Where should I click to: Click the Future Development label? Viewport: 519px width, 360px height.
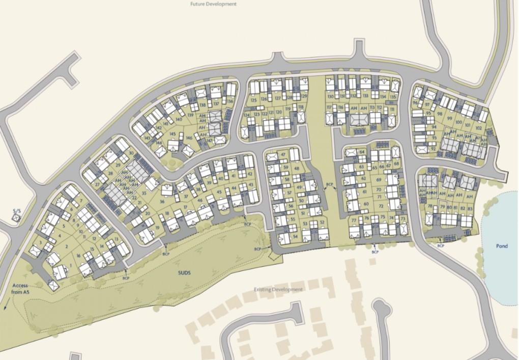coord(213,4)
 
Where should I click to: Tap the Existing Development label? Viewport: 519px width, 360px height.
coord(278,289)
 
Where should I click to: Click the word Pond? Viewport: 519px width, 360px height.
coord(502,246)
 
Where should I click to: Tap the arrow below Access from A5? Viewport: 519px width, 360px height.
coord(6,305)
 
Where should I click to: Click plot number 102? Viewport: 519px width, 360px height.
coord(478,123)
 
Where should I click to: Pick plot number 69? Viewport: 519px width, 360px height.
coord(379,179)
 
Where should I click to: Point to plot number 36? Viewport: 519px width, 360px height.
coord(161,202)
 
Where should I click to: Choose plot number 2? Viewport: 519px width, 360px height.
coord(66,247)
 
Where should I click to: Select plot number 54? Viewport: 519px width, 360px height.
coord(295,236)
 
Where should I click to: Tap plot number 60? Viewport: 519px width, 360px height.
coord(366,204)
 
